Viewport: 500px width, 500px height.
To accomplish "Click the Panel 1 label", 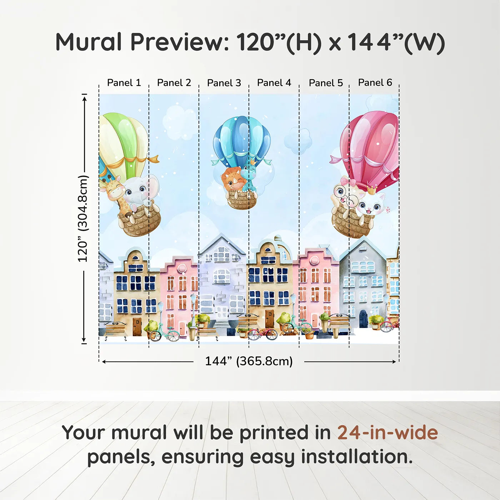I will point(124,83).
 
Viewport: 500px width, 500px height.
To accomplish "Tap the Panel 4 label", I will point(274,83).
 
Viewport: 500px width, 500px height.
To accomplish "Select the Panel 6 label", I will point(375,82).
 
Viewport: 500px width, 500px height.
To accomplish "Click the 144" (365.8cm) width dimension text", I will point(249,361).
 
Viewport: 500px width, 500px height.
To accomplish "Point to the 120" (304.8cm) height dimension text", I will point(82,219).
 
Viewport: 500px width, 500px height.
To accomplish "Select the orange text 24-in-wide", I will point(387,432).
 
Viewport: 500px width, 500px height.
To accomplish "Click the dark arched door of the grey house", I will point(363,319).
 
